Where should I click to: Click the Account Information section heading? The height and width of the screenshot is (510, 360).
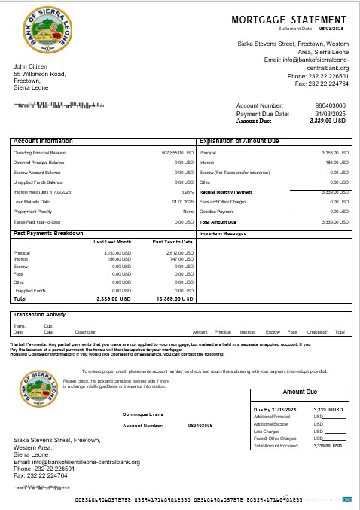(x=43, y=141)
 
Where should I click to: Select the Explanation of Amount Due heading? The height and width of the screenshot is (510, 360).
(x=239, y=141)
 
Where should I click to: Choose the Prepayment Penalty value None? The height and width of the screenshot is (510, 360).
(x=188, y=212)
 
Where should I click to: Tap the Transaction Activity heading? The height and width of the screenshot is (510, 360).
(x=44, y=314)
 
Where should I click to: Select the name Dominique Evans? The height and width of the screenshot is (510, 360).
(x=142, y=414)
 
